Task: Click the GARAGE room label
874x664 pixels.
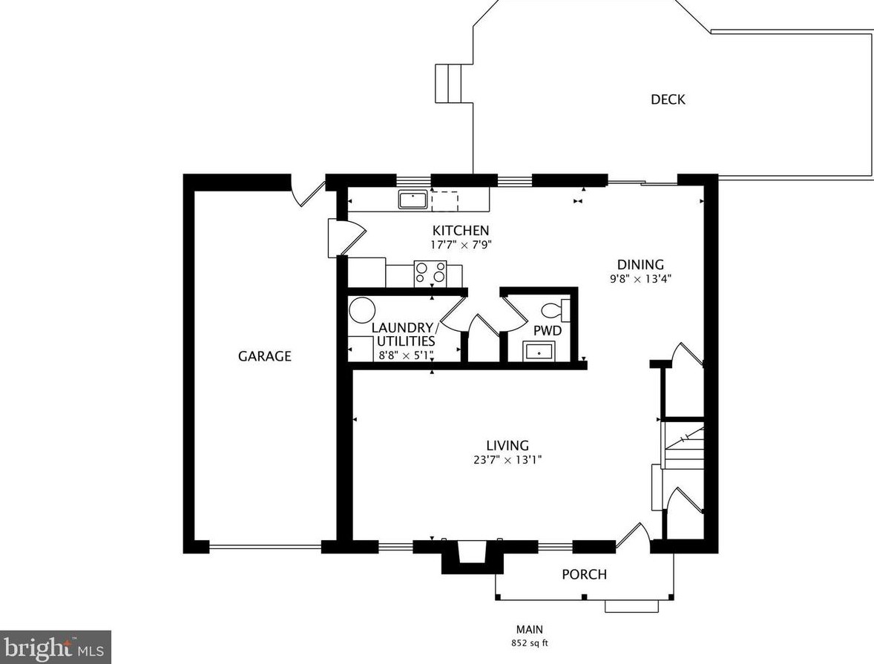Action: coord(265,355)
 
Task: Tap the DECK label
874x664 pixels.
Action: coord(668,99)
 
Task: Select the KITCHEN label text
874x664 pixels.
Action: coord(461,230)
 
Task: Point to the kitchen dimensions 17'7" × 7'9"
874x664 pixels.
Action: coord(461,244)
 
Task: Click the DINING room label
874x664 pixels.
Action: coord(640,264)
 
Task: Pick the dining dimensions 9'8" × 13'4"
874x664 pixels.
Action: coord(640,279)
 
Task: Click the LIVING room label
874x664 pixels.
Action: coord(507,445)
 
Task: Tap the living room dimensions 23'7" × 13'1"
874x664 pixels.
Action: coord(507,460)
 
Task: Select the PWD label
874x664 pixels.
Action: coord(548,331)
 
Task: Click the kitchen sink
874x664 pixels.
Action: coord(413,199)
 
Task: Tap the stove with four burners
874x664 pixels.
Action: coord(430,274)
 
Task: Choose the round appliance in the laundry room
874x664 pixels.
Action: coord(362,310)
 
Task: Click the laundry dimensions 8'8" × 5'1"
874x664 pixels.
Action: coord(406,355)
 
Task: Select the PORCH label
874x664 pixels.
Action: coord(584,574)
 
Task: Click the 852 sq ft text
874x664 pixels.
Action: coord(530,642)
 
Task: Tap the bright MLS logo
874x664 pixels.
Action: coord(56,647)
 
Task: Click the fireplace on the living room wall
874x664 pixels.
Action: coord(473,555)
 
